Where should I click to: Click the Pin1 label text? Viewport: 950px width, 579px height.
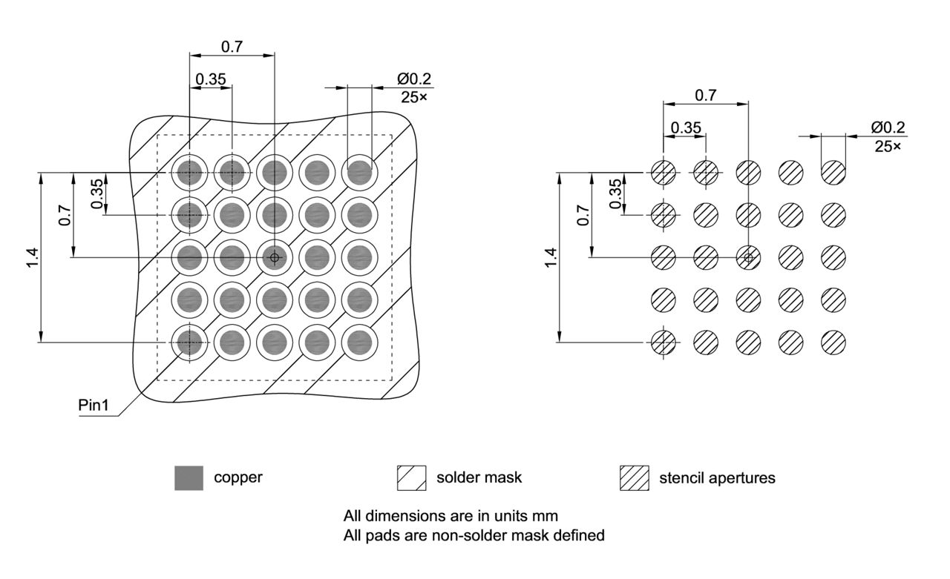point(96,407)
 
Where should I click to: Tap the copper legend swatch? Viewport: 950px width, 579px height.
point(189,478)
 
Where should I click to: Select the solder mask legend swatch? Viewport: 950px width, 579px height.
point(412,478)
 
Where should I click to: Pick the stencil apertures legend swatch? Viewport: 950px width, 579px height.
point(634,478)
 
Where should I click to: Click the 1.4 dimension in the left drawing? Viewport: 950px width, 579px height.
point(32,257)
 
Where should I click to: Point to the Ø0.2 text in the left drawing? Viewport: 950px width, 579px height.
point(414,79)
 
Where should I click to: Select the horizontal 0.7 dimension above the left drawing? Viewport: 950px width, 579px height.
point(232,46)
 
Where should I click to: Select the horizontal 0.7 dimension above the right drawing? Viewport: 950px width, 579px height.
point(705,95)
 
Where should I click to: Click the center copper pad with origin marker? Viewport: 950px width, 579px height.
point(275,257)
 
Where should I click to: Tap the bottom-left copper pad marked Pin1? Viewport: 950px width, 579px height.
point(190,342)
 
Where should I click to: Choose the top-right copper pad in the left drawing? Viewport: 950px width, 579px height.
point(360,173)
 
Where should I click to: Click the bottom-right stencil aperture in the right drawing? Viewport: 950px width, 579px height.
point(833,342)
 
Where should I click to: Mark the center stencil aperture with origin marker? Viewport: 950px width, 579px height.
point(748,257)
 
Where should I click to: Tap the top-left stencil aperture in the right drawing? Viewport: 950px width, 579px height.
point(663,173)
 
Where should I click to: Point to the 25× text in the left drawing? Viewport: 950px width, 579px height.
point(414,96)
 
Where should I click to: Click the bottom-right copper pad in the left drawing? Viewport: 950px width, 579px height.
point(360,342)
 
